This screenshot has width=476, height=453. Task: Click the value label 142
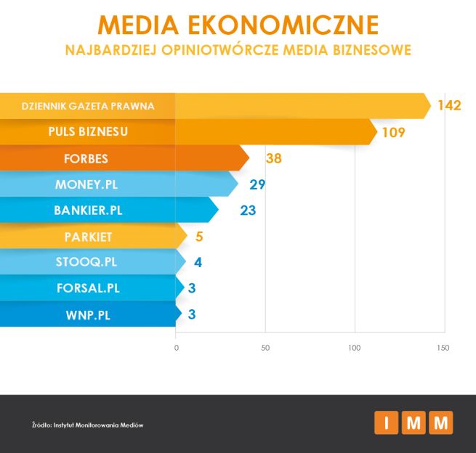[449, 105]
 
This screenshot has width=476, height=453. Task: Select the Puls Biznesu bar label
[87, 131]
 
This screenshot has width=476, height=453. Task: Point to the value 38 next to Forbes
[273, 158]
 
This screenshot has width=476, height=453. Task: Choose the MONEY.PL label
[87, 184]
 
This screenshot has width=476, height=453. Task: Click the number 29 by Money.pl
[257, 184]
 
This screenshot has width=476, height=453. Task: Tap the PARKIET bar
[87, 237]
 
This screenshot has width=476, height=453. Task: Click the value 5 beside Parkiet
[200, 237]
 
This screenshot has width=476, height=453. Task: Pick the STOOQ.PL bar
[87, 262]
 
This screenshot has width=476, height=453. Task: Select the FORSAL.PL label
[87, 288]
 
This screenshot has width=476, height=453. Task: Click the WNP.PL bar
[87, 314]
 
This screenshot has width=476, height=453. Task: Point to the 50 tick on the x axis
[265, 348]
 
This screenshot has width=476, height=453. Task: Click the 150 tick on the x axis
[443, 348]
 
